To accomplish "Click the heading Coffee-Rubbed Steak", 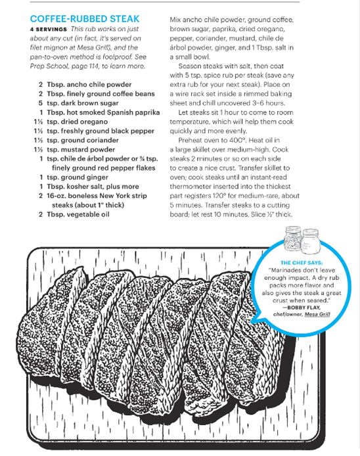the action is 85,19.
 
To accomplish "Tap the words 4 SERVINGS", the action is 48,30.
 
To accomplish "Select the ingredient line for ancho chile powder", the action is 85,85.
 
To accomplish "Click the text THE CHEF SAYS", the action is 302,263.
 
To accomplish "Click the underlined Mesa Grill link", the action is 317,314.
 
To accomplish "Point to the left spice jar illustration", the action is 293,238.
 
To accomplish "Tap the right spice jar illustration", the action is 311,240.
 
